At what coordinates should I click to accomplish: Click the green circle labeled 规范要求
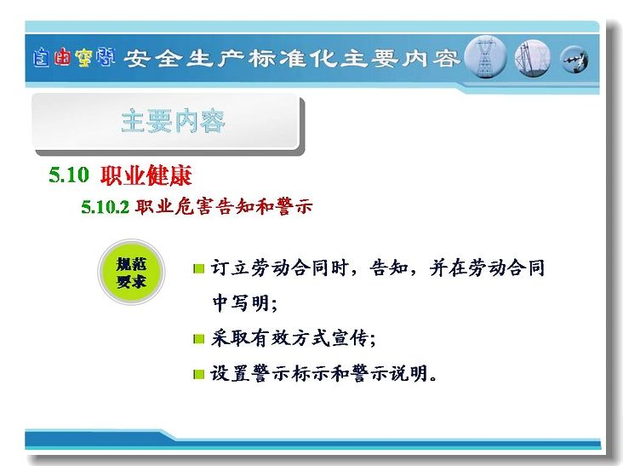[131, 273]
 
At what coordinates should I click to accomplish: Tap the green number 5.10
[69, 175]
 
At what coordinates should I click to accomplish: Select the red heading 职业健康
[146, 175]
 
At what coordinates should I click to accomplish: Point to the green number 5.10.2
[106, 207]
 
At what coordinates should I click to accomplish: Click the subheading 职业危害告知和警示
[224, 206]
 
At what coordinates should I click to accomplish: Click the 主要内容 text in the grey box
[174, 121]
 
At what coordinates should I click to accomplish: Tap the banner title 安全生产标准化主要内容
[292, 59]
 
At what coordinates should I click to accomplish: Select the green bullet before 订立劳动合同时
[198, 269]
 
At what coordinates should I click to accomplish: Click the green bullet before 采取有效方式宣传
[198, 339]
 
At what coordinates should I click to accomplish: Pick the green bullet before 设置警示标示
[198, 374]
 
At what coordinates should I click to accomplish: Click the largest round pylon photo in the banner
[485, 57]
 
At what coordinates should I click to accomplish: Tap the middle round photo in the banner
[533, 59]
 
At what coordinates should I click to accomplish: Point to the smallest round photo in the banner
[574, 60]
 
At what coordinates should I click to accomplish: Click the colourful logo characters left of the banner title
[74, 58]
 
